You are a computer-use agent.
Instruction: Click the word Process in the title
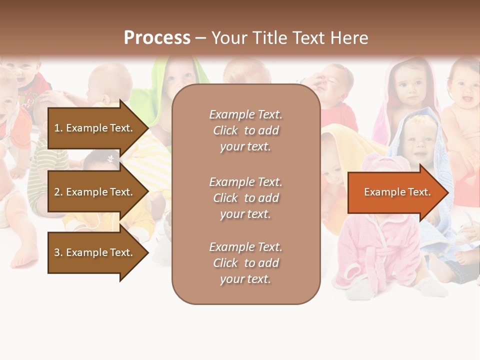pyautogui.click(x=157, y=38)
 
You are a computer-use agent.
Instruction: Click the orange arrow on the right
pyautogui.click(x=397, y=192)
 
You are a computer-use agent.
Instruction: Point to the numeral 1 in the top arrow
pyautogui.click(x=57, y=128)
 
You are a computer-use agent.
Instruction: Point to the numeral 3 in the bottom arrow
pyautogui.click(x=57, y=252)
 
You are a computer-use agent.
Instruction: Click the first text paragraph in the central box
pyautogui.click(x=245, y=130)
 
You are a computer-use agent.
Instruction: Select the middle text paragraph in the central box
pyautogui.click(x=245, y=198)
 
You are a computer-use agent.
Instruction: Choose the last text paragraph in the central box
pyautogui.click(x=245, y=263)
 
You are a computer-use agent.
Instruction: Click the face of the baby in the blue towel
pyautogui.click(x=418, y=140)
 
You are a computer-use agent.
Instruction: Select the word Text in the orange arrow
pyautogui.click(x=419, y=192)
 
